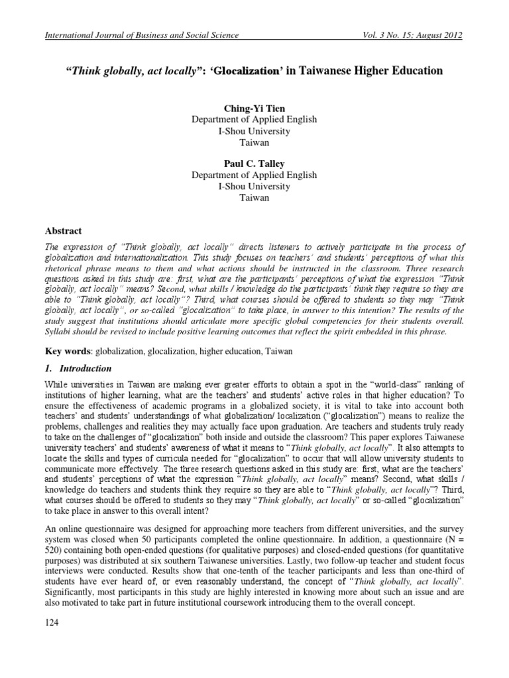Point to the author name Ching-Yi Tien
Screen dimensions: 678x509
point(254,108)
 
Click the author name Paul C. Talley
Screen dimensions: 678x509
point(254,164)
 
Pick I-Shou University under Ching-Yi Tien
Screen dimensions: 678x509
point(254,130)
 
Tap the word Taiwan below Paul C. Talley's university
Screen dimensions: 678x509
point(254,197)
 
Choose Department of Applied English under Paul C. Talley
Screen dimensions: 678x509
point(254,175)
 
